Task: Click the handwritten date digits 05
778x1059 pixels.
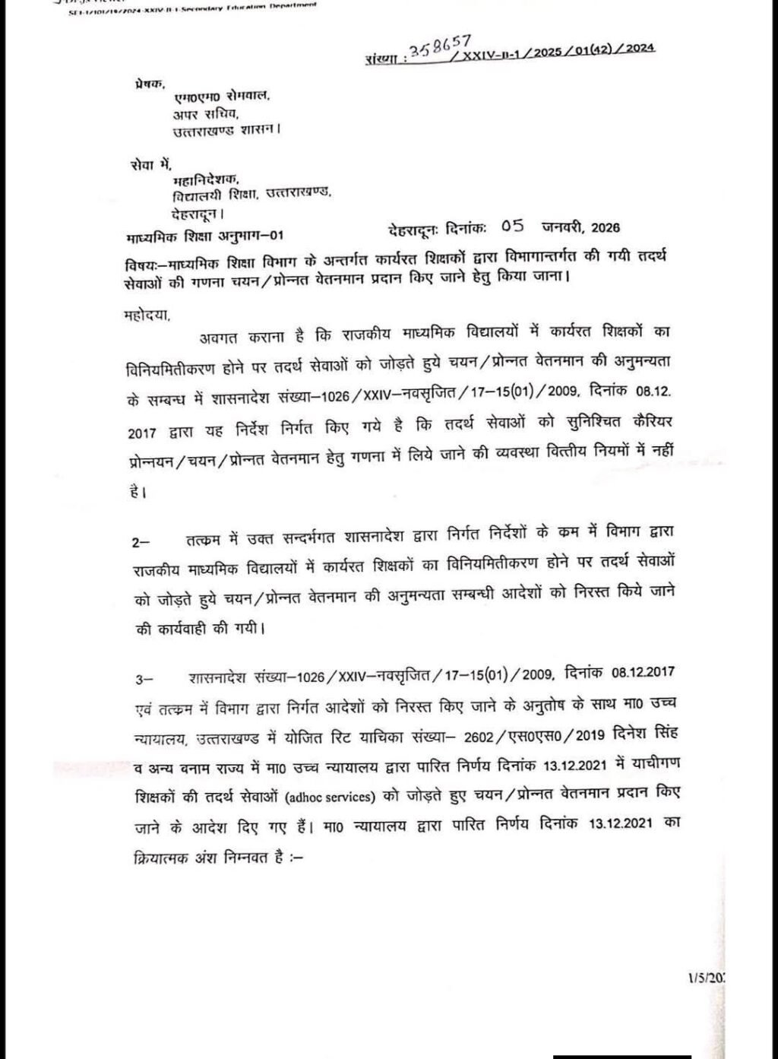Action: [513, 227]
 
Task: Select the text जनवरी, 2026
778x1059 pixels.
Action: [581, 227]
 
